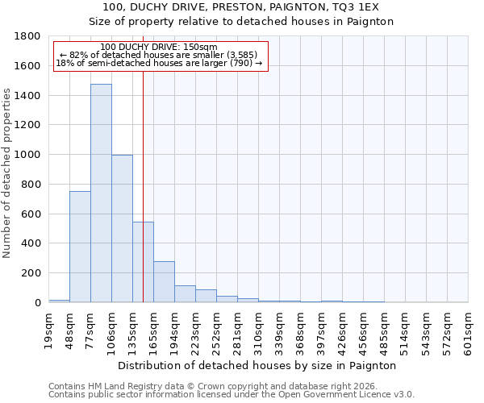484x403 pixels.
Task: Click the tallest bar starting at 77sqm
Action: (101, 193)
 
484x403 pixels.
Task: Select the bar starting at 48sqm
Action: (80, 247)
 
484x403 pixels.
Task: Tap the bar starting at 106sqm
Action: (122, 228)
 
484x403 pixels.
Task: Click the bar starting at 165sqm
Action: (164, 282)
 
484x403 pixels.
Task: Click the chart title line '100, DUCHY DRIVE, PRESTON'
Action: (241, 6)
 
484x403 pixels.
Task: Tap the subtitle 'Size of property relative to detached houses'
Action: (241, 22)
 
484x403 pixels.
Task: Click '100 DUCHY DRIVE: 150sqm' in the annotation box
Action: (159, 48)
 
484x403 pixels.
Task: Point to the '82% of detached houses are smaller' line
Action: (158, 55)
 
